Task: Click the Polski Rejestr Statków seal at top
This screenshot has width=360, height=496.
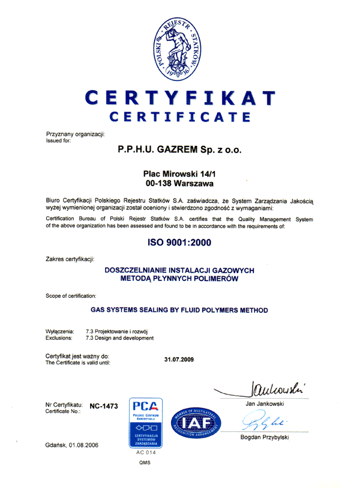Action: (180, 50)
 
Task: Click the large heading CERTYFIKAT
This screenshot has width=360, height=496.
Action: (181, 97)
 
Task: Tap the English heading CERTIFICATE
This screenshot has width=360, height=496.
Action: (180, 116)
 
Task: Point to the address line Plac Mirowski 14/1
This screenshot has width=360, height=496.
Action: (180, 172)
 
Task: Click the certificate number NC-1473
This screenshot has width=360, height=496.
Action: (104, 407)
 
